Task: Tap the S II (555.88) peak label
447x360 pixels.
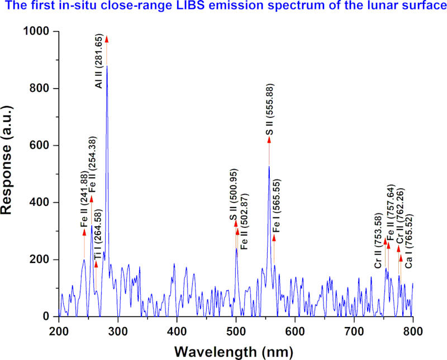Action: click(x=269, y=109)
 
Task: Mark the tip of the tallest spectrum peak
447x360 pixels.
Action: click(x=107, y=66)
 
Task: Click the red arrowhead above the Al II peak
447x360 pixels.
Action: click(x=107, y=39)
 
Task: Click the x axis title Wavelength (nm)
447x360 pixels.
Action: click(x=236, y=352)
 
